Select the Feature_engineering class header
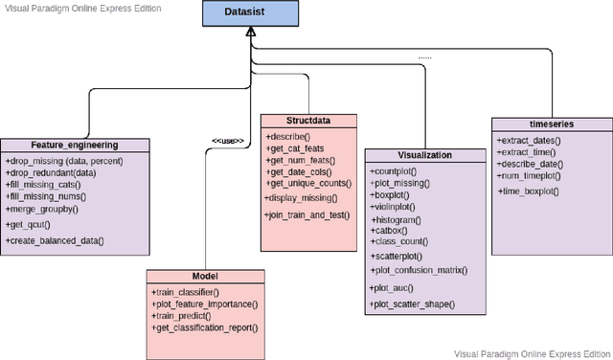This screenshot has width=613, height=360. pos(75,146)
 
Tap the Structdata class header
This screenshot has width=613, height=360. pos(308,122)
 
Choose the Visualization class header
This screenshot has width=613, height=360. pos(424,154)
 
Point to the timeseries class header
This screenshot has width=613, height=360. pos(551,124)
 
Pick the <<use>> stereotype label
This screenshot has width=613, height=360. pos(227,141)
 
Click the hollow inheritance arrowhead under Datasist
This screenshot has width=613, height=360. pos(249,33)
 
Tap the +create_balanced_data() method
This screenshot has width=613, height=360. pos(55,240)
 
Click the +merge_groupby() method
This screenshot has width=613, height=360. pos(42,208)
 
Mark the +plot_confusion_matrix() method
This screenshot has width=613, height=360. pos(420,271)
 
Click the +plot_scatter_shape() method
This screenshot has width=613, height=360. pos(413,304)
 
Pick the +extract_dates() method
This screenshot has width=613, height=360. pos(530,141)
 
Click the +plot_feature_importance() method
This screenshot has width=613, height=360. pos(205,303)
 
